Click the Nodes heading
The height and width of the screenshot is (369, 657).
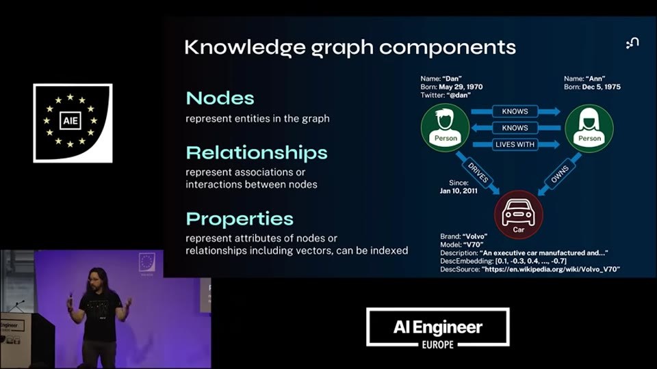click(x=220, y=98)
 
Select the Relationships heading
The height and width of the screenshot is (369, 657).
click(x=257, y=153)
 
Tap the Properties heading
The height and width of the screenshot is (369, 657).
click(x=240, y=219)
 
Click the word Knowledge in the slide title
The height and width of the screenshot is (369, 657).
click(x=245, y=47)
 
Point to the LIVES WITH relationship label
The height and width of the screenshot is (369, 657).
click(x=515, y=144)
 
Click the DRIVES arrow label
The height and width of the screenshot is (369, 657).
click(x=478, y=172)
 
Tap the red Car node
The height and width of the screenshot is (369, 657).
click(x=518, y=215)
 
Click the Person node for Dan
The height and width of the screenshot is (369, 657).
click(x=445, y=128)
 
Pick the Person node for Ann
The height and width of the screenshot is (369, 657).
click(x=589, y=128)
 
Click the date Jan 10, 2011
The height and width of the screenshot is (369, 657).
click(x=459, y=191)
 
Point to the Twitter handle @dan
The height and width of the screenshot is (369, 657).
click(x=459, y=96)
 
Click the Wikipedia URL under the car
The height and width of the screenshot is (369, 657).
click(x=551, y=269)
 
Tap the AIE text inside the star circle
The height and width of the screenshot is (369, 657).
click(x=70, y=121)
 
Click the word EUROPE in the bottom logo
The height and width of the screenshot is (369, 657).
click(x=437, y=344)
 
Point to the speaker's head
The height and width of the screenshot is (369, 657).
click(x=96, y=280)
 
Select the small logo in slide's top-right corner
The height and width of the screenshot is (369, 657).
click(x=632, y=42)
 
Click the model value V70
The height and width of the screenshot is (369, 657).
click(x=473, y=245)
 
